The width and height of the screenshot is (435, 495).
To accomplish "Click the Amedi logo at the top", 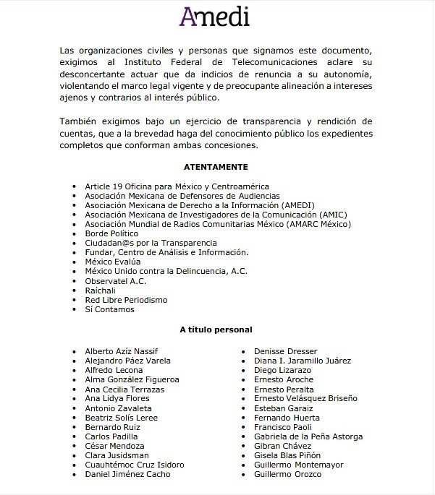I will click(216, 15).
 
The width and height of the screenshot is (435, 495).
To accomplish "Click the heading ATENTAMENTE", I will click(216, 166).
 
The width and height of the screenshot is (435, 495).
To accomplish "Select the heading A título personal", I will click(216, 330).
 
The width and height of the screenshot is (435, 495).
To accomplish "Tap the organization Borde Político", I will click(111, 233).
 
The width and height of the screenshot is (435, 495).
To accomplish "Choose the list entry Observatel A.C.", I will click(110, 280).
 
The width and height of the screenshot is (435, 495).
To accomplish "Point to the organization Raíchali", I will click(101, 290).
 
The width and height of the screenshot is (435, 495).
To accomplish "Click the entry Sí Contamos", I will click(109, 309).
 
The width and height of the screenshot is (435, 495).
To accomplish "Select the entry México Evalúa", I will click(113, 262).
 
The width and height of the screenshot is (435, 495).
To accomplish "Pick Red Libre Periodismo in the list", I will click(126, 299).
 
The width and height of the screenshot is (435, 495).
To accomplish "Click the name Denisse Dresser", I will click(285, 351).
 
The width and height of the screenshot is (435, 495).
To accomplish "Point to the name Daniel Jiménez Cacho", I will click(127, 474).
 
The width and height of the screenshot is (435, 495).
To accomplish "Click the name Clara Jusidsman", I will click(117, 455).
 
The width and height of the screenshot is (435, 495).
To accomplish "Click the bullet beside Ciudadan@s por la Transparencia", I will click(75, 244).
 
